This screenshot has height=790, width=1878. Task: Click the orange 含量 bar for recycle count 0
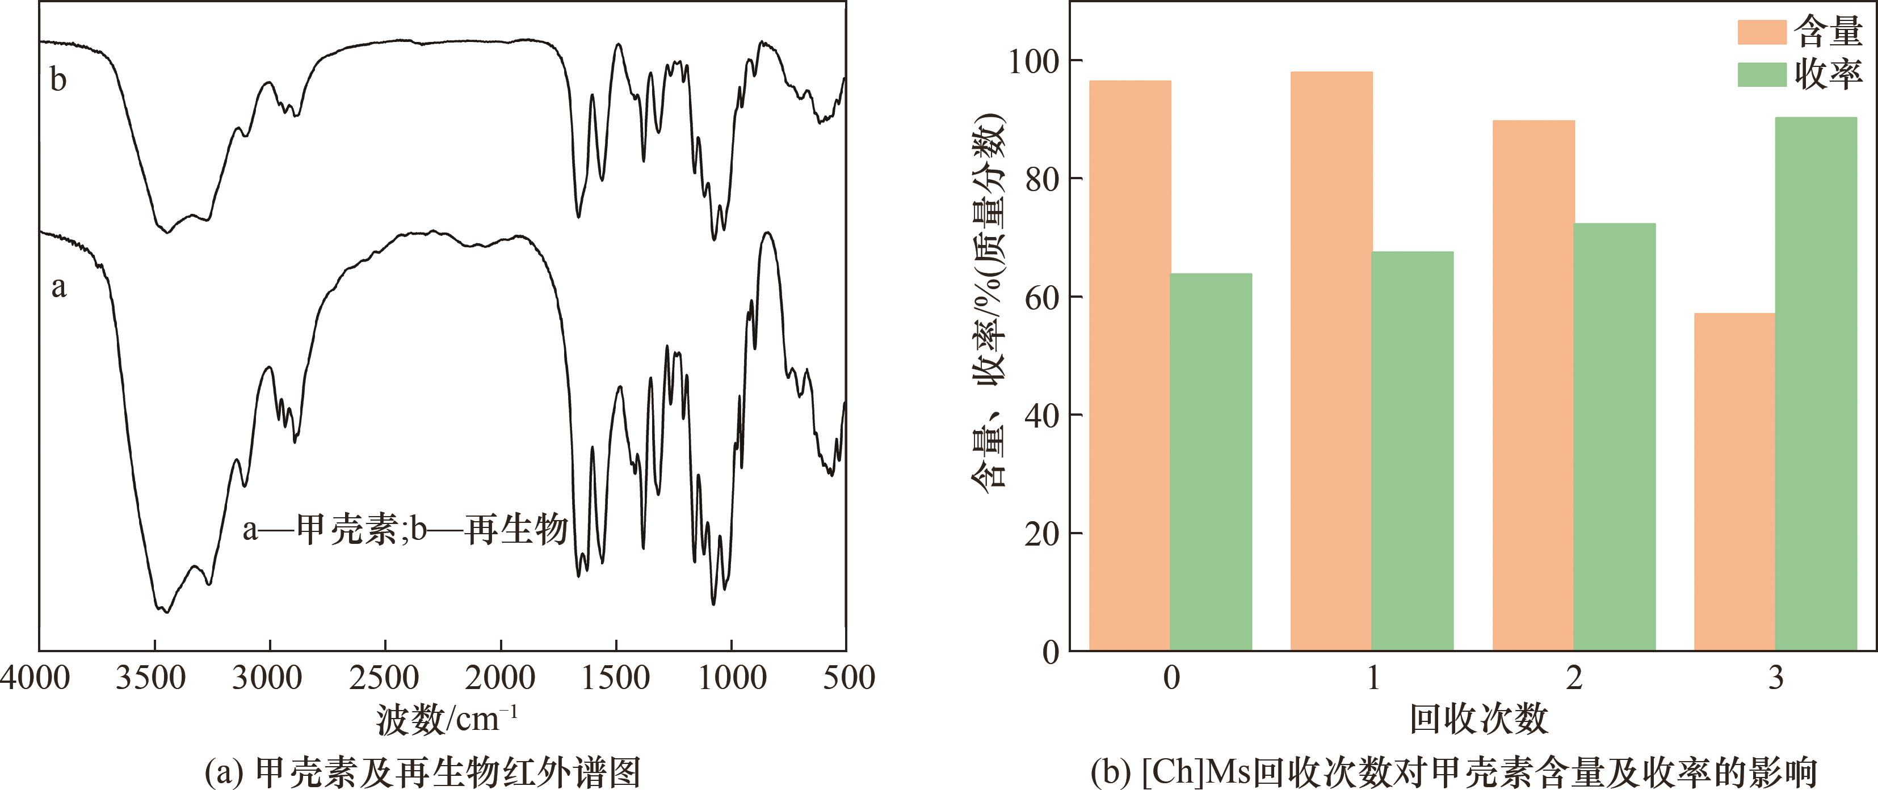pos(1129,365)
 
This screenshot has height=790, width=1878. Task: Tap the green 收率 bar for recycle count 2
pos(1614,437)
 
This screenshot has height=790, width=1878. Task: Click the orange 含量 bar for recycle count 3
pos(1734,481)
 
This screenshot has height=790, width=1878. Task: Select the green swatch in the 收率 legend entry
pos(1761,74)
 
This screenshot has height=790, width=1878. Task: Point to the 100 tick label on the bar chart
pos(1033,61)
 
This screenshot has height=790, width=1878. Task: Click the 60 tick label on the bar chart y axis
pos(1042,297)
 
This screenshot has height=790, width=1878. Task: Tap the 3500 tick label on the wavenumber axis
pos(151,678)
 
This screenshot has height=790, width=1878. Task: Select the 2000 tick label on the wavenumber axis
pos(500,678)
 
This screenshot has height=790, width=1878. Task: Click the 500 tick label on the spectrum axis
pos(848,678)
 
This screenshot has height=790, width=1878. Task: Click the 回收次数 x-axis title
pos(1478,719)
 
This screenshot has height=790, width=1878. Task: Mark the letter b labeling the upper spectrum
pos(58,79)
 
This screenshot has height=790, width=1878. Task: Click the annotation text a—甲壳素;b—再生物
pos(405,529)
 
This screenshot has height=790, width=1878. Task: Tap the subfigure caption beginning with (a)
pos(423,772)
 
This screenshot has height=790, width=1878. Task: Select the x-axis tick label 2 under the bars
pos(1574,678)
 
